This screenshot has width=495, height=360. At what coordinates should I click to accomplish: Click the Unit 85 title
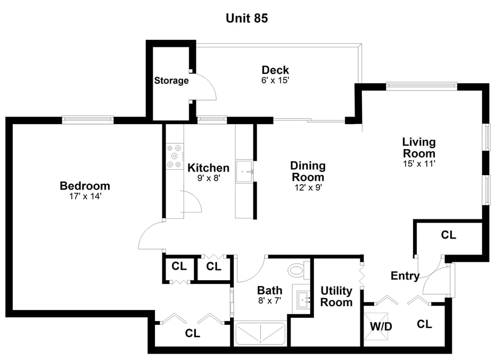tap(247, 18)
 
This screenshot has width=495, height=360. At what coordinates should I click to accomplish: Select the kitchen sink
tap(244, 171)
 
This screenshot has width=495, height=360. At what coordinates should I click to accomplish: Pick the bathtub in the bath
tap(260, 334)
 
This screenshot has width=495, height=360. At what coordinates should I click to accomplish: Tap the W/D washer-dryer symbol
tap(376, 326)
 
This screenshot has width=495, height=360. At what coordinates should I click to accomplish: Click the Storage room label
tap(171, 80)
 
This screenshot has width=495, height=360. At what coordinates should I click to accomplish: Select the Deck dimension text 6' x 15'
tap(275, 80)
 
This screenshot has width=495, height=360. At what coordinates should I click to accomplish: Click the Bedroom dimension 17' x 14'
tap(85, 197)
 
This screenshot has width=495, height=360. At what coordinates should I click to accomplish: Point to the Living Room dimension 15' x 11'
tap(419, 163)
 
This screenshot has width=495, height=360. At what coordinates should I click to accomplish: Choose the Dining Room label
tap(308, 171)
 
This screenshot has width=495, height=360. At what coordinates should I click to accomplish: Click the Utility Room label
tap(336, 296)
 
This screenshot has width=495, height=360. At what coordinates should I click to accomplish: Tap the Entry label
tap(405, 276)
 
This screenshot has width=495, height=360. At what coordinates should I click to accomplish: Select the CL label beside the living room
tap(448, 235)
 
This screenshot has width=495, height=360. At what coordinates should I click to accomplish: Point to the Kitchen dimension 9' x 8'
tap(209, 178)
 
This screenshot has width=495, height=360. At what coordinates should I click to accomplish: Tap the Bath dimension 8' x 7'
tap(270, 300)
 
